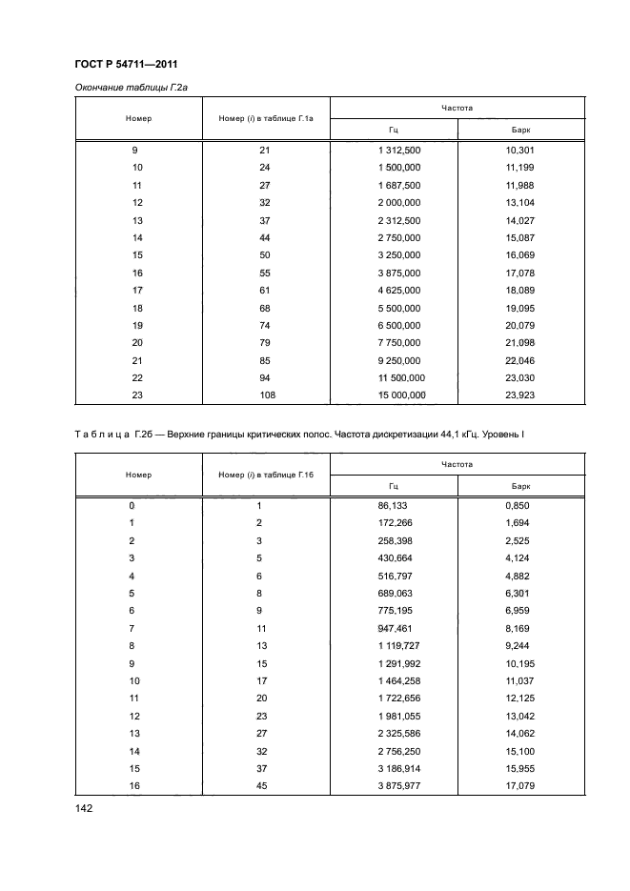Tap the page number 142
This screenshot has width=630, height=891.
coord(86,807)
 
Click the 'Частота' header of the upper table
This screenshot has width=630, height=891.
coord(457,109)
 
